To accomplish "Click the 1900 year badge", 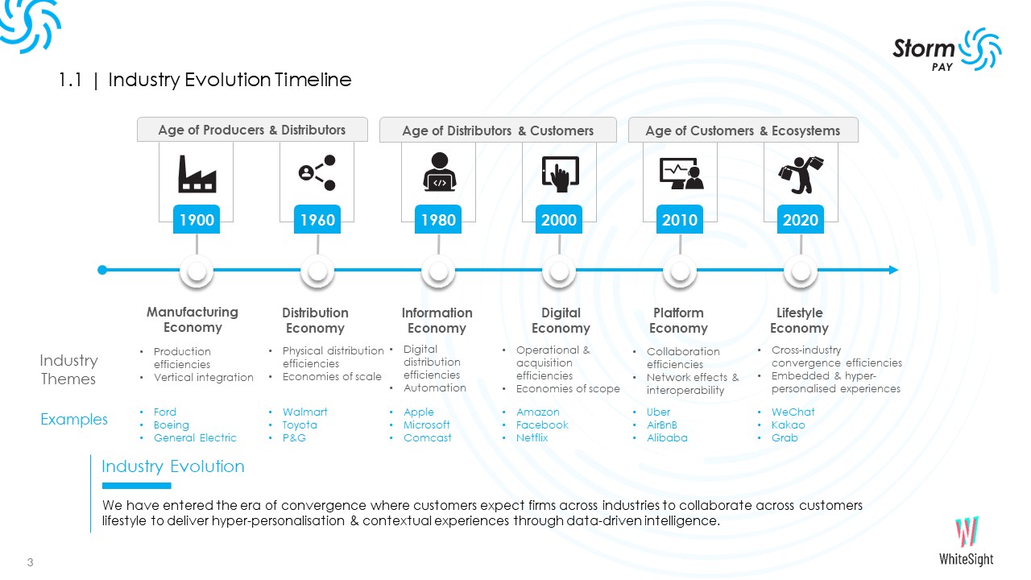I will tap(197, 220).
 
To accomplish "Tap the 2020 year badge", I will tap(800, 220).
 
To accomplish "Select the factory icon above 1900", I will tap(197, 174).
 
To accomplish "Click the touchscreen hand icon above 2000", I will tap(559, 174).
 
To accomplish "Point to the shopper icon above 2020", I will tap(800, 174).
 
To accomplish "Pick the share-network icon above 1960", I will tap(317, 173).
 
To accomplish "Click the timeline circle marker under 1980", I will tap(438, 271).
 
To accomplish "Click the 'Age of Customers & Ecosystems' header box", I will tap(742, 130).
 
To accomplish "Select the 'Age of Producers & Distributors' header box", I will tap(252, 130).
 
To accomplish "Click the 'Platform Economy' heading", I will tap(678, 320).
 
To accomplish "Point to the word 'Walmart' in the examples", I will tap(304, 412).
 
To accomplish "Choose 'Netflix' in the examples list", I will tap(532, 438).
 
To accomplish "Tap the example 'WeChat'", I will tap(793, 412).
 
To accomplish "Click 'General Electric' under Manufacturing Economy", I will tap(195, 438).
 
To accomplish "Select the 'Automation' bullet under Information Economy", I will tap(435, 388).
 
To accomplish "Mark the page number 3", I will tap(30, 562).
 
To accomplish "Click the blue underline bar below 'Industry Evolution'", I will tap(136, 486).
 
